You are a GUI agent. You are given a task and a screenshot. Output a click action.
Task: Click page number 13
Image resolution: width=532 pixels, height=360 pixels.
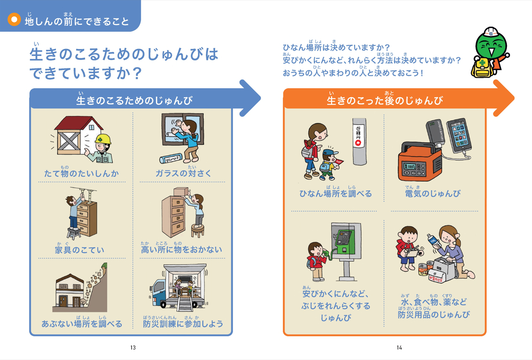click(133, 348)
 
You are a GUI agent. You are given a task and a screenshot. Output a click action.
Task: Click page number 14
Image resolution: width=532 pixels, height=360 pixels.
click(399, 348)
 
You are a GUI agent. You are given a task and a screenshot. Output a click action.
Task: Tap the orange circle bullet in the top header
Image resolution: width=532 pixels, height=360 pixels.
click(14, 19)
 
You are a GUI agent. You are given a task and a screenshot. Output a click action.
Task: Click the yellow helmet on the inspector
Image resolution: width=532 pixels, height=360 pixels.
click(103, 140)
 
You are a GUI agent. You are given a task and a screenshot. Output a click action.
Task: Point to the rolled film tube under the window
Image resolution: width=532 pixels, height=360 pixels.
click(171, 158)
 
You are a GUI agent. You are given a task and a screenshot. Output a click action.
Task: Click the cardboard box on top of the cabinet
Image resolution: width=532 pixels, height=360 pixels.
click(181, 191)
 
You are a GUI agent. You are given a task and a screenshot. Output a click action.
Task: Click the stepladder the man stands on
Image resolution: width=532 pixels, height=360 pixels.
click(74, 233)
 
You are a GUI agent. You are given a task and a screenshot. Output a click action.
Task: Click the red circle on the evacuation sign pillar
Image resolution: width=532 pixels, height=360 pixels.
click(358, 143)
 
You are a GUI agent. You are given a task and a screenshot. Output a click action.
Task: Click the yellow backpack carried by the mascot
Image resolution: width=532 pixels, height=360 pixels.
click(481, 67)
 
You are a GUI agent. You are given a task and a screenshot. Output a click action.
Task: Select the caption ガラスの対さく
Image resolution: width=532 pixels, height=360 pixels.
click(183, 173)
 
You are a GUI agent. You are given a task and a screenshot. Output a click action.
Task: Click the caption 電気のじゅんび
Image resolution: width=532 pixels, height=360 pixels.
click(433, 193)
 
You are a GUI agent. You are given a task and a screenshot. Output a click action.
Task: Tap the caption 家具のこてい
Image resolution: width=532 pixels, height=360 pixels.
click(80, 249)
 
